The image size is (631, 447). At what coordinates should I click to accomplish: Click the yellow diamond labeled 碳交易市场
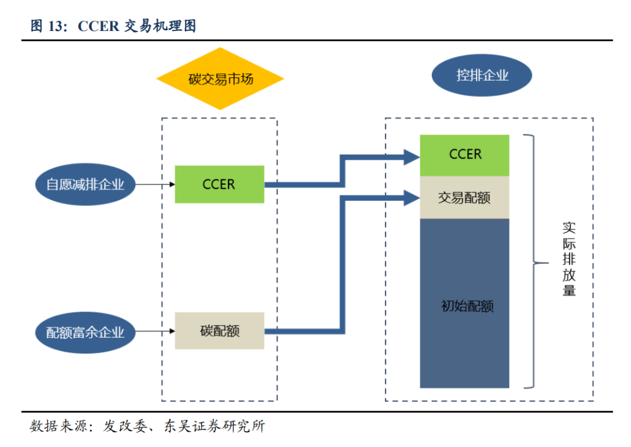220,79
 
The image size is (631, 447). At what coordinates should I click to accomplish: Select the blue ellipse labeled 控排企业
482,75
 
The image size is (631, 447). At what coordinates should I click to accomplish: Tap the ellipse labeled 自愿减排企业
85,185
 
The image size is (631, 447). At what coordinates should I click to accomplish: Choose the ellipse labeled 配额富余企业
85,332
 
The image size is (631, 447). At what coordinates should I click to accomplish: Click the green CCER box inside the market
219,184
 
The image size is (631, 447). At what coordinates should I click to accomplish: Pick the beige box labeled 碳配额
219,331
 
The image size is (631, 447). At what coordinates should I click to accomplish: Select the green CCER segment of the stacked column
464,154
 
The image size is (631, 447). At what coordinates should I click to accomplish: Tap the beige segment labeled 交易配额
464,198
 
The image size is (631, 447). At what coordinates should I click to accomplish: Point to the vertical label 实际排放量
568,259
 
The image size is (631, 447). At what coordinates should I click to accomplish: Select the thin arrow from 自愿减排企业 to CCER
155,184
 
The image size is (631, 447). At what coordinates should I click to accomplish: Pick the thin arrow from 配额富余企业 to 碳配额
155,332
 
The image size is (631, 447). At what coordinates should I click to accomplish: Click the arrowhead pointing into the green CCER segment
412,156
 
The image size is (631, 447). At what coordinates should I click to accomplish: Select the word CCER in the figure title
99,26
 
